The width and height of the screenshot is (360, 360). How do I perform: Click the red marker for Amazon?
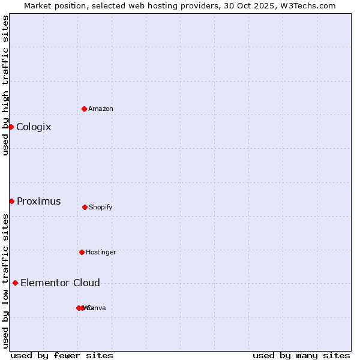pyautogui.click(x=84, y=109)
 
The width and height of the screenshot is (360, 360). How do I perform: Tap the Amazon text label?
pyautogui.click(x=101, y=109)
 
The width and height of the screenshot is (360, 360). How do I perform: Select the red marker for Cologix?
pyautogui.click(x=11, y=127)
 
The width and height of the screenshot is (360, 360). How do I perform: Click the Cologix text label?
pyautogui.click(x=34, y=127)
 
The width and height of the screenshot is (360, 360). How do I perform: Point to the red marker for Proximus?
pyautogui.click(x=11, y=201)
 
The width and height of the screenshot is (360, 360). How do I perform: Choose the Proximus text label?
pyautogui.click(x=38, y=201)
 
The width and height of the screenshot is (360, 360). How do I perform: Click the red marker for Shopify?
pyautogui.click(x=85, y=207)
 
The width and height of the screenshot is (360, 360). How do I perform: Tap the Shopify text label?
pyautogui.click(x=101, y=207)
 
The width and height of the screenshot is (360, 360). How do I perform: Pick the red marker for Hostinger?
pyautogui.click(x=82, y=252)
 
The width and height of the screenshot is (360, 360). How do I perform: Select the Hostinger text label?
pyautogui.click(x=101, y=252)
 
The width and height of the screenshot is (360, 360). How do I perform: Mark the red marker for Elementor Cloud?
pyautogui.click(x=15, y=283)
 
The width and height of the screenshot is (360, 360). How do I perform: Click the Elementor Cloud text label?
pyautogui.click(x=60, y=283)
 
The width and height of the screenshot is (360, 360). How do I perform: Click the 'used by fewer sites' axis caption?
pyautogui.click(x=62, y=355)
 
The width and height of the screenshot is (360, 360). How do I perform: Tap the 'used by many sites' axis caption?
pyautogui.click(x=301, y=355)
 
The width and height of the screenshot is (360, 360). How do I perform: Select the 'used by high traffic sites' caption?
pyautogui.click(x=5, y=85)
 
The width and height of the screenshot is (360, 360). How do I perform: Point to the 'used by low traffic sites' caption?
pyautogui.click(x=5, y=281)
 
